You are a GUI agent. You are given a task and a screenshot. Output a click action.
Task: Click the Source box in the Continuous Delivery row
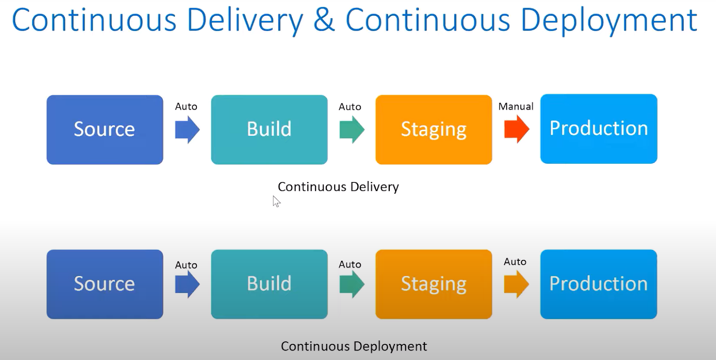point(105,129)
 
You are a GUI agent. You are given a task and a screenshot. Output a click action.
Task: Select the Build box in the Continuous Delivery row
point(269,129)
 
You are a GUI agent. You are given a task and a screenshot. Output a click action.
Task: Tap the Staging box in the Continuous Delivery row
point(434,129)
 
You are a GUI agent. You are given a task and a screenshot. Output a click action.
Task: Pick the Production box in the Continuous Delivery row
point(599,128)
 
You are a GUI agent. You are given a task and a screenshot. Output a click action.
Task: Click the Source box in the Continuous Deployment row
point(105,284)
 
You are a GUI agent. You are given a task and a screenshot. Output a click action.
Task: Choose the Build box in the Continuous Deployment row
point(269,284)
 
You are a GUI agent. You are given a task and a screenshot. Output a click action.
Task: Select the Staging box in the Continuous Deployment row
point(434,284)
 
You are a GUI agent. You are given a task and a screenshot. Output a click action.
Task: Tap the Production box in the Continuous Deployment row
point(599,284)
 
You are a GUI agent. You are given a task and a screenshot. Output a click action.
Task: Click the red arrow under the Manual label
point(516,129)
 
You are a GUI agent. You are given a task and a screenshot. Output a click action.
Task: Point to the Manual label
point(516,106)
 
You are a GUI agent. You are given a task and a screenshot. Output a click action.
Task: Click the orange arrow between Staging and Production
point(516,284)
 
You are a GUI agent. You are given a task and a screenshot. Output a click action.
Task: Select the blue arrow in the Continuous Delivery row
point(187,129)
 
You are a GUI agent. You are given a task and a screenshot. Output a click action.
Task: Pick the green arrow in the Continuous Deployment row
point(352,284)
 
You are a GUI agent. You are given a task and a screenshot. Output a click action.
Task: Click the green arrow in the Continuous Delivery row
point(352,129)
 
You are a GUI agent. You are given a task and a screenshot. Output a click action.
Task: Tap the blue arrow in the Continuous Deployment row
point(187,284)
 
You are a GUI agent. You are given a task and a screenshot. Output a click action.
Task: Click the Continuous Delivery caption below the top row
point(338,186)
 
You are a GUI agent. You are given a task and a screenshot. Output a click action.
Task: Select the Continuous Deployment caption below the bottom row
point(354,346)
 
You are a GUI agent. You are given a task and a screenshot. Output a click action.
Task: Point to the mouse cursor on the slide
point(276,201)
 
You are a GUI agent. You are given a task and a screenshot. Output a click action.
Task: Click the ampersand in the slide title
point(324,21)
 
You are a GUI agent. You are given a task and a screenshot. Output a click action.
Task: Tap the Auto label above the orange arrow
point(515,262)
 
